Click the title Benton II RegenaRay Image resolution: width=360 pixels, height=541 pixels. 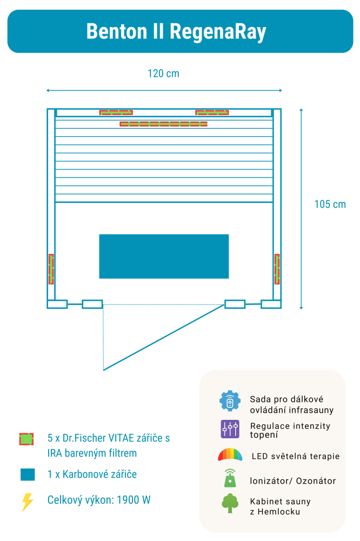(176, 31)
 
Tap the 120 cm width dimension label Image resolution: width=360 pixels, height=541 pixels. (163, 74)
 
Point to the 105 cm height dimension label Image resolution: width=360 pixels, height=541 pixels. (330, 204)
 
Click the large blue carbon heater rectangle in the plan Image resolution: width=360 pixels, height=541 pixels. (164, 256)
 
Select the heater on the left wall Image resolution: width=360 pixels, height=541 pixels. (51, 269)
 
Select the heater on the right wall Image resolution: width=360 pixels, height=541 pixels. (277, 269)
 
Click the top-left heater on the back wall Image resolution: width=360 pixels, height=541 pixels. (116, 113)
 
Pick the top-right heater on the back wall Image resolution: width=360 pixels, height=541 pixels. (212, 113)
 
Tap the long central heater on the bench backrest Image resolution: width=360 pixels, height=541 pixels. (163, 124)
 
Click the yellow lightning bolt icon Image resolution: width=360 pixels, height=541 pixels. (27, 502)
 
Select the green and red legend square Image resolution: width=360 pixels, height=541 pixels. (26, 439)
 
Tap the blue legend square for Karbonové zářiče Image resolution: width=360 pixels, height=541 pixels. (28, 474)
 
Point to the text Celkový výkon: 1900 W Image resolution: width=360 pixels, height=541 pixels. (99, 500)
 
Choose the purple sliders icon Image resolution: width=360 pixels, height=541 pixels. (230, 429)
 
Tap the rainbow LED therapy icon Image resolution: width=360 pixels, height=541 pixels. (230, 455)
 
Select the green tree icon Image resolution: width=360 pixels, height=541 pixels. (230, 503)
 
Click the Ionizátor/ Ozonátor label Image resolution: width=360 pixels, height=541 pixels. (292, 481)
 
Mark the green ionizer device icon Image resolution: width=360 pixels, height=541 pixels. (230, 478)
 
